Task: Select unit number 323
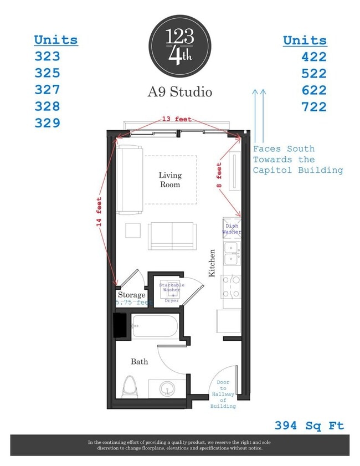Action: pyautogui.click(x=47, y=56)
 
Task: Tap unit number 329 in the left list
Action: pyautogui.click(x=47, y=122)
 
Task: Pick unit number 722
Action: pyautogui.click(x=313, y=106)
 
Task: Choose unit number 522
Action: pyautogui.click(x=313, y=73)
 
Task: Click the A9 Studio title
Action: pyautogui.click(x=179, y=92)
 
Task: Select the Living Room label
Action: pyautogui.click(x=170, y=180)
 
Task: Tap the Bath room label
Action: pyautogui.click(x=139, y=362)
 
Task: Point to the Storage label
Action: pyautogui.click(x=131, y=295)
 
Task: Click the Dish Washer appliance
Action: pyautogui.click(x=232, y=229)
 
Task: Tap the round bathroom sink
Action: pyautogui.click(x=166, y=389)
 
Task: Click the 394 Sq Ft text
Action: pyautogui.click(x=309, y=426)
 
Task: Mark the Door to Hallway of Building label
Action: pyautogui.click(x=223, y=394)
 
